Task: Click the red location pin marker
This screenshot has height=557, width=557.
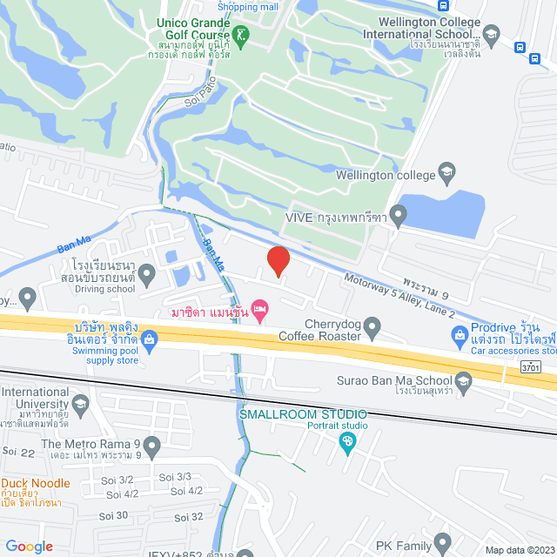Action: coord(277,260)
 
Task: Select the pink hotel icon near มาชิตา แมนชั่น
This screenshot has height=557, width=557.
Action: coord(258,309)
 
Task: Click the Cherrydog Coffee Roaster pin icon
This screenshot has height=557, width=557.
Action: coord(372,328)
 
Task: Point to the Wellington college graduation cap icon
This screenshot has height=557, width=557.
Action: coord(448,171)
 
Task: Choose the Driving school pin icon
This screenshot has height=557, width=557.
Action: coord(146,276)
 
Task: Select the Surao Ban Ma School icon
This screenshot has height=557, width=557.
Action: coord(463,379)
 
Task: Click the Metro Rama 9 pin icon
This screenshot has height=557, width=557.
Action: coord(153,448)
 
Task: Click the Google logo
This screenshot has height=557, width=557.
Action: coord(29,546)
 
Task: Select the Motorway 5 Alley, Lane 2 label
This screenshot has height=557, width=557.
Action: coord(399,296)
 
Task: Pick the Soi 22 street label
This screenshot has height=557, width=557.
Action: coord(17,451)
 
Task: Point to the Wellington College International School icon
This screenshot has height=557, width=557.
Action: coord(492,34)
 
